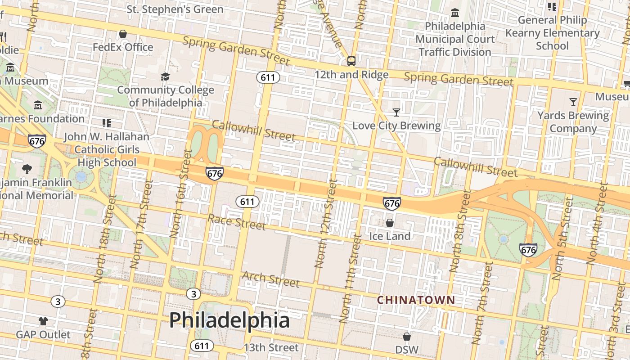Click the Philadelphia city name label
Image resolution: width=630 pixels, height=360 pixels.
point(229,320)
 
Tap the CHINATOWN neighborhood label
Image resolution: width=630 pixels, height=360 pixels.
point(416,300)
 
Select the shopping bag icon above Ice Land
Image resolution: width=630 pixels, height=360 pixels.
point(390,223)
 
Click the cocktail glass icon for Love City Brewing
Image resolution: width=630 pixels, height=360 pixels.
point(396,112)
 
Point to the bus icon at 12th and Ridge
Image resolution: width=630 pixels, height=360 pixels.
point(351,61)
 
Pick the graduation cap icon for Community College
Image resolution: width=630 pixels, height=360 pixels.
point(165,76)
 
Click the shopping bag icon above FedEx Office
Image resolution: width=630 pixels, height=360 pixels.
point(122,34)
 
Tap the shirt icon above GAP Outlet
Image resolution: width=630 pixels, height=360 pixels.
point(43,321)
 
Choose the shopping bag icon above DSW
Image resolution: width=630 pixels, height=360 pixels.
point(406,337)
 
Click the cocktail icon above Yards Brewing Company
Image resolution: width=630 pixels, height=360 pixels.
point(573,102)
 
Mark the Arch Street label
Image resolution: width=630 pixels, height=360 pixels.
point(270,279)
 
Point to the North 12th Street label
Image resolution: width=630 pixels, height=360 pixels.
point(326,224)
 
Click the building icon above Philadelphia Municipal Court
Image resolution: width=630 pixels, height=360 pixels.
point(455,13)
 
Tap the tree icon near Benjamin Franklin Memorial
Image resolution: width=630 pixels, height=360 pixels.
point(27,169)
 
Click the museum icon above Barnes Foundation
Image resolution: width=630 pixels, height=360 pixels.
point(38,105)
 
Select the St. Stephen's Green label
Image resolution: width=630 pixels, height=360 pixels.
point(175,9)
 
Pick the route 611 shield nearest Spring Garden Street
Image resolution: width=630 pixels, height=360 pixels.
point(268,77)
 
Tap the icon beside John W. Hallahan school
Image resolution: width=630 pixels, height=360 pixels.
point(107,123)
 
